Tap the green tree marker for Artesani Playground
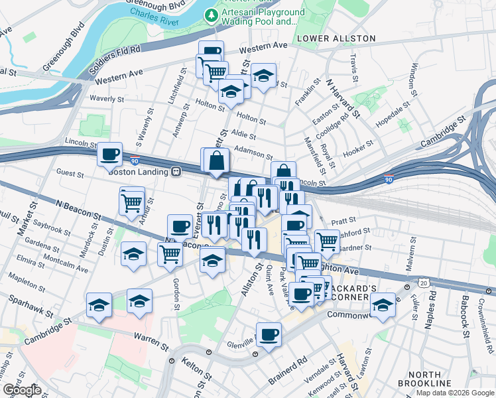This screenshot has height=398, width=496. click(x=212, y=15)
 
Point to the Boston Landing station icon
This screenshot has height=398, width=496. click(x=176, y=170)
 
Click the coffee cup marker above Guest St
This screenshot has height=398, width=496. click(x=109, y=155)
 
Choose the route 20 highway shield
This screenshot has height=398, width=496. click(x=423, y=283)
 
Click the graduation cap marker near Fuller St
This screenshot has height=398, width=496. click(x=382, y=305)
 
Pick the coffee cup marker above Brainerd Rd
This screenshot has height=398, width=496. click(x=269, y=334)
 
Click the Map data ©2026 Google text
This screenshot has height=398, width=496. click(x=455, y=392)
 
